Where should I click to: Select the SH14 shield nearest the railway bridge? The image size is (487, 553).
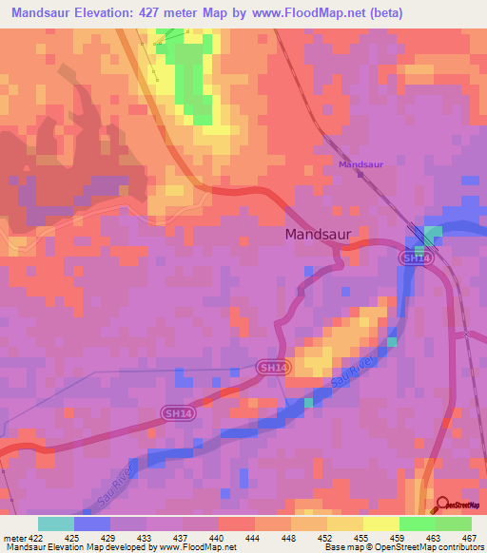point(412,257)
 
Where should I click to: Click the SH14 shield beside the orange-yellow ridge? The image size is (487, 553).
point(272,367)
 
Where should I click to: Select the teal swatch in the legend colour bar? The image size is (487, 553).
point(55,524)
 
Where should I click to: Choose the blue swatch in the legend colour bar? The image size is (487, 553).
point(92,524)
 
